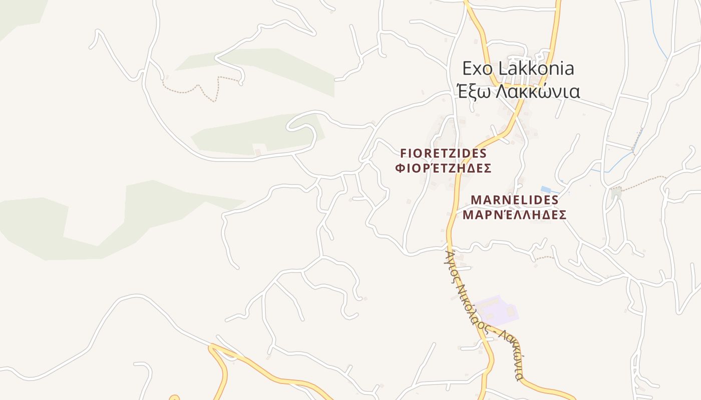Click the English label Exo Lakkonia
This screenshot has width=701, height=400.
tap(518, 68)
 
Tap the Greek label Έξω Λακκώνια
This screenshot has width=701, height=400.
tap(518, 91)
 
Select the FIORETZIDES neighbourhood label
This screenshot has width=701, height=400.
tap(443, 153)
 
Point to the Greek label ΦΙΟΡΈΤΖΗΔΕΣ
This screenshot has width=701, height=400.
tap(443, 168)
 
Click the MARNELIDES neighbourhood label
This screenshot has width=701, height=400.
tap(515, 200)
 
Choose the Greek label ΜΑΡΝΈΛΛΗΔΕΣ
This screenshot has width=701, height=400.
tap(515, 215)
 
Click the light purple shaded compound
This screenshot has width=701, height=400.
tap(496, 310)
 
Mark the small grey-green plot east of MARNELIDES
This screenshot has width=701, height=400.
tap(616, 192)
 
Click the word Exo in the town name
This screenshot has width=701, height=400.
tap(475, 68)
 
